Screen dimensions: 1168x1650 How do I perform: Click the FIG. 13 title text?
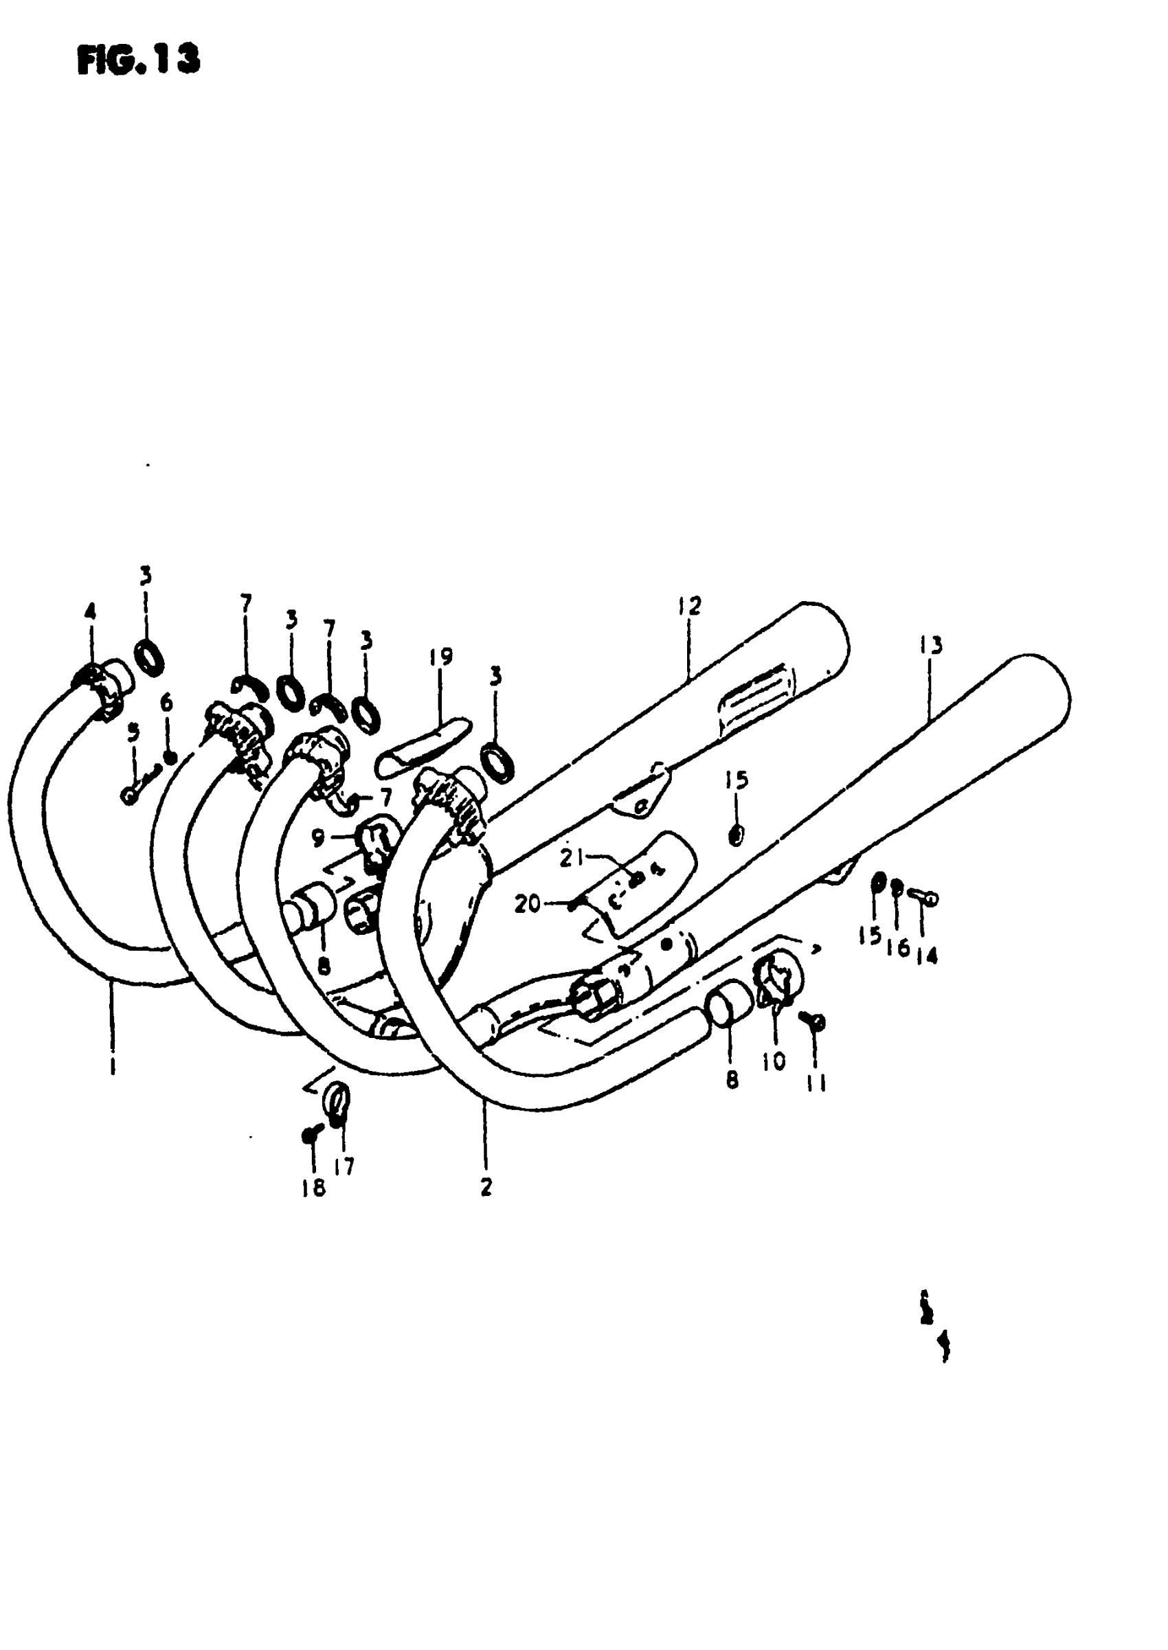(x=137, y=60)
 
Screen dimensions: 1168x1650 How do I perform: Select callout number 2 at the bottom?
(x=486, y=1187)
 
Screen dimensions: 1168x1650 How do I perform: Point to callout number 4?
(x=90, y=611)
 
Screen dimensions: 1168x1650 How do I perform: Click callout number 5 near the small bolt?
(x=133, y=733)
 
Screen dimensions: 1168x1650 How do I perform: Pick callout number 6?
(x=167, y=702)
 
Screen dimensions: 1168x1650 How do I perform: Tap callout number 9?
(x=319, y=837)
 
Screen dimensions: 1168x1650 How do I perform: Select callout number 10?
(x=774, y=1061)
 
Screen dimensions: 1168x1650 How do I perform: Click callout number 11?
(x=816, y=1083)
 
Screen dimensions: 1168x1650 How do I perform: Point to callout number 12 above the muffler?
(x=688, y=606)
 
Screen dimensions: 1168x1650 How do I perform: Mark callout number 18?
(x=313, y=1188)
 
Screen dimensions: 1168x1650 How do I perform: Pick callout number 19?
(x=441, y=657)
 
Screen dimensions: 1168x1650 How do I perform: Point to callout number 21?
(x=572, y=858)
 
